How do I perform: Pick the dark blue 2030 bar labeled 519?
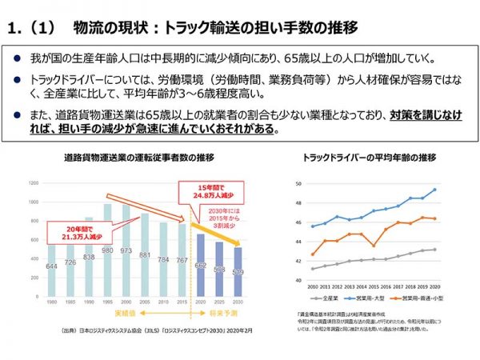238,272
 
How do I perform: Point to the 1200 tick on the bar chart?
33,183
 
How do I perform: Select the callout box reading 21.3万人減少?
74,232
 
